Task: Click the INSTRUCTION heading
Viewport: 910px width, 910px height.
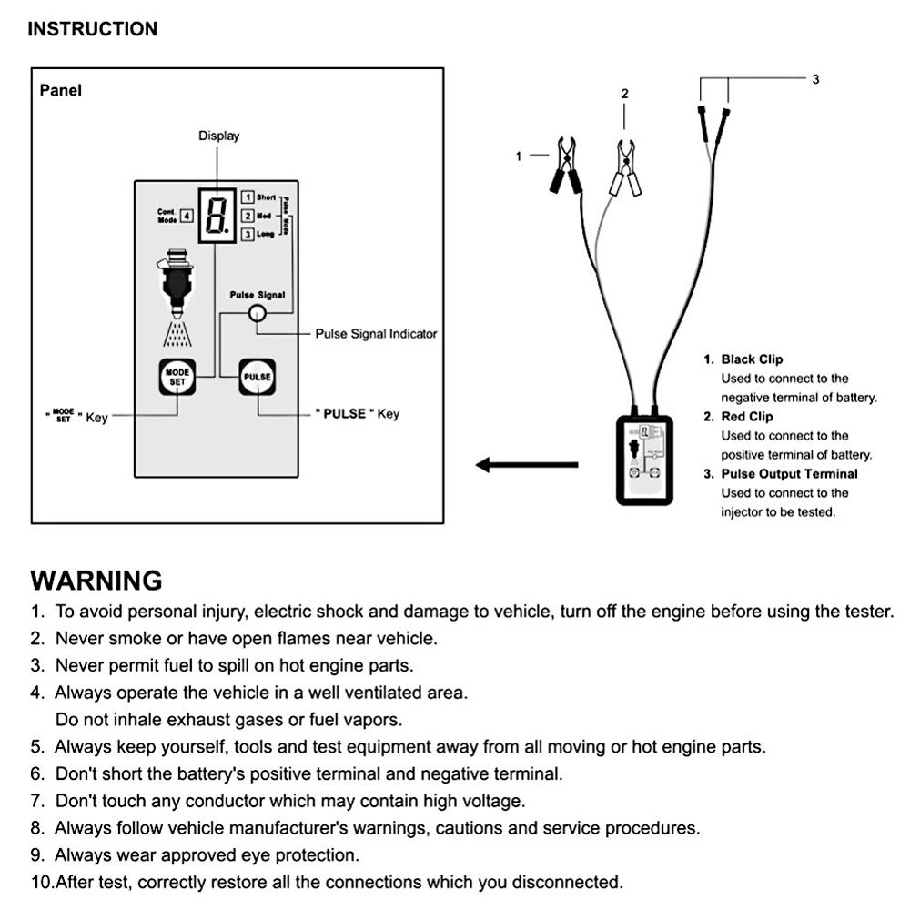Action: [x=92, y=29]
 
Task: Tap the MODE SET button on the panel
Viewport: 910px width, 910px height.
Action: [x=177, y=377]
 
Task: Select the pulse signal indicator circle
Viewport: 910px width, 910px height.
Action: [x=258, y=313]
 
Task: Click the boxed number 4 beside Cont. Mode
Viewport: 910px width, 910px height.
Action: [x=186, y=216]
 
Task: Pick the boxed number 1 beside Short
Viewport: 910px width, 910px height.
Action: [x=248, y=197]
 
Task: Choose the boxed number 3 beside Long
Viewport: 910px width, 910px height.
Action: [x=248, y=235]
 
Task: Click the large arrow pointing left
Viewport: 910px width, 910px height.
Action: [x=526, y=465]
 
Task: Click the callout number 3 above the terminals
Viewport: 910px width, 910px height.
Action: [x=815, y=79]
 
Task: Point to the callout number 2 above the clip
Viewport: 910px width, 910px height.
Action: [x=624, y=93]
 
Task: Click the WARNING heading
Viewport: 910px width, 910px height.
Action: [x=96, y=581]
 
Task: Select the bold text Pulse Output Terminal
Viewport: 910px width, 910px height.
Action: [x=789, y=473]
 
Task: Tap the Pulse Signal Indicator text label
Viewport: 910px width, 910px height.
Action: [x=376, y=334]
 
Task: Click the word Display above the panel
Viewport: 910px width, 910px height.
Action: [x=219, y=136]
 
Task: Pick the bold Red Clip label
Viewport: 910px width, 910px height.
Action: [x=746, y=416]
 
